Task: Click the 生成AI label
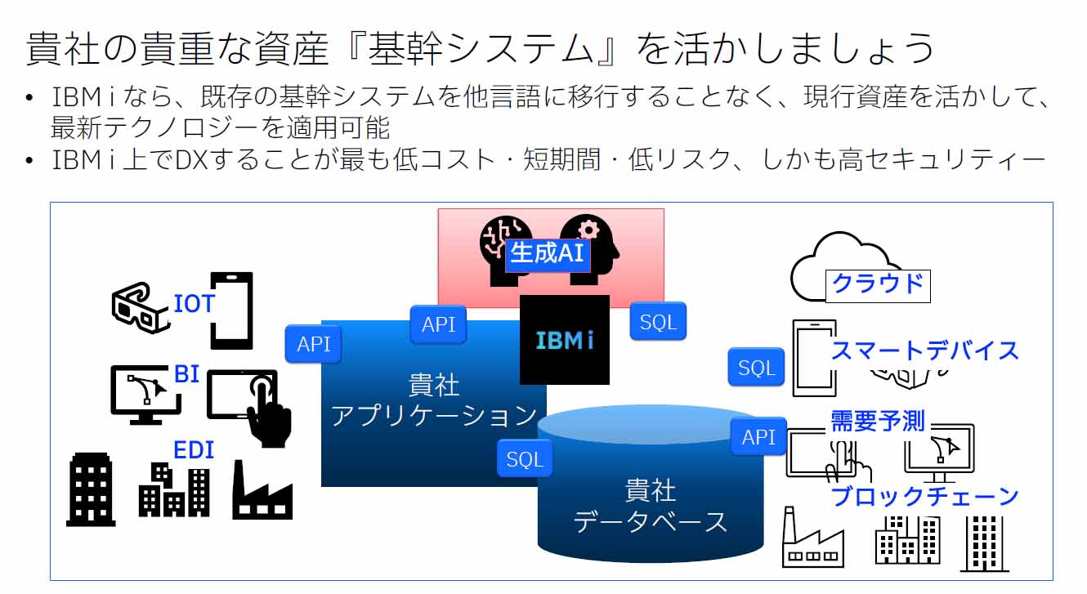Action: click(x=546, y=253)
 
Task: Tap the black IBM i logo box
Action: click(x=565, y=340)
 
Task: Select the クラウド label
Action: click(x=878, y=284)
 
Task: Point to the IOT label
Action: click(x=194, y=304)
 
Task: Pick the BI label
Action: click(x=186, y=374)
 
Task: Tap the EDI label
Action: click(x=193, y=449)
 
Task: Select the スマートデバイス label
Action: click(x=924, y=351)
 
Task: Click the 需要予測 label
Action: click(x=878, y=421)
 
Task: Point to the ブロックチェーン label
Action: click(x=924, y=496)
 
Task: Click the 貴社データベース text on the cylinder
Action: click(x=651, y=506)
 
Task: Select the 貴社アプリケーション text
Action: click(x=434, y=400)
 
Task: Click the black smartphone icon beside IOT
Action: click(x=231, y=311)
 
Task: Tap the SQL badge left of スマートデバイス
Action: click(x=756, y=368)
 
